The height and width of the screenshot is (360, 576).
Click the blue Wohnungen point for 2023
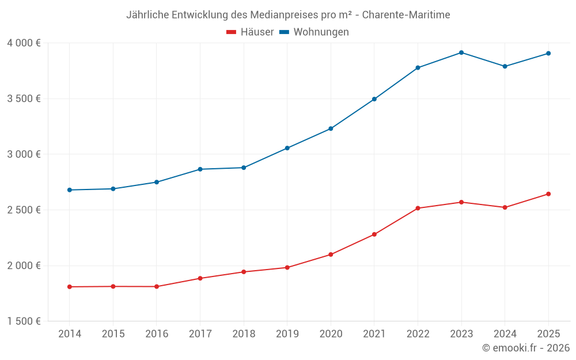coord(461,52)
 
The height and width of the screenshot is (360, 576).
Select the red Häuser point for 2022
coord(418,208)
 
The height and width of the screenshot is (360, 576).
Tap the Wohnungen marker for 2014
coord(69,190)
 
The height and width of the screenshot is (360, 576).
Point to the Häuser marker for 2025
coord(548,194)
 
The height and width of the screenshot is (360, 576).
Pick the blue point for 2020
coord(331,128)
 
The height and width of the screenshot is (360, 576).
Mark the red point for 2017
coord(200,278)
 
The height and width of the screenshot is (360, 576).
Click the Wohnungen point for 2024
coord(505,66)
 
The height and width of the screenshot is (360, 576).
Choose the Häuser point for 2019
coord(287,267)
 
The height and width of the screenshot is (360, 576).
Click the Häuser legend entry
coord(250,32)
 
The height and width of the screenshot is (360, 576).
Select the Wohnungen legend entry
coord(314,32)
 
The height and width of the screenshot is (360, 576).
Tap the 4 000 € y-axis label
coord(24,43)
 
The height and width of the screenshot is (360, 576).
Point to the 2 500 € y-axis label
coord(24,210)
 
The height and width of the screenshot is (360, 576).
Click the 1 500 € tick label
coord(24,321)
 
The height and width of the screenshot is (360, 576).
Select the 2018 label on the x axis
coord(244,334)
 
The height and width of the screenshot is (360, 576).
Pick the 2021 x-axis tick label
coord(374,334)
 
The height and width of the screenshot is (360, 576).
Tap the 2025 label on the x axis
coord(548,334)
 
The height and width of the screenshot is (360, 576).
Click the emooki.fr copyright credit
coord(526,348)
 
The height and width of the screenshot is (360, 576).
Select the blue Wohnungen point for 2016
coord(156,182)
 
